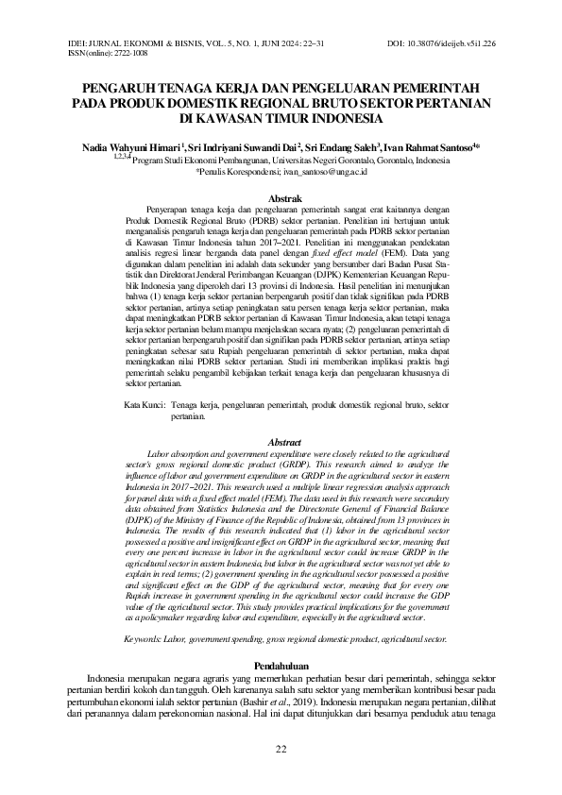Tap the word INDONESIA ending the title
(347, 119)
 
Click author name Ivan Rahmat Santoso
(430, 148)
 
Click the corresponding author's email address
(338, 173)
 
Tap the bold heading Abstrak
(285, 199)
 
